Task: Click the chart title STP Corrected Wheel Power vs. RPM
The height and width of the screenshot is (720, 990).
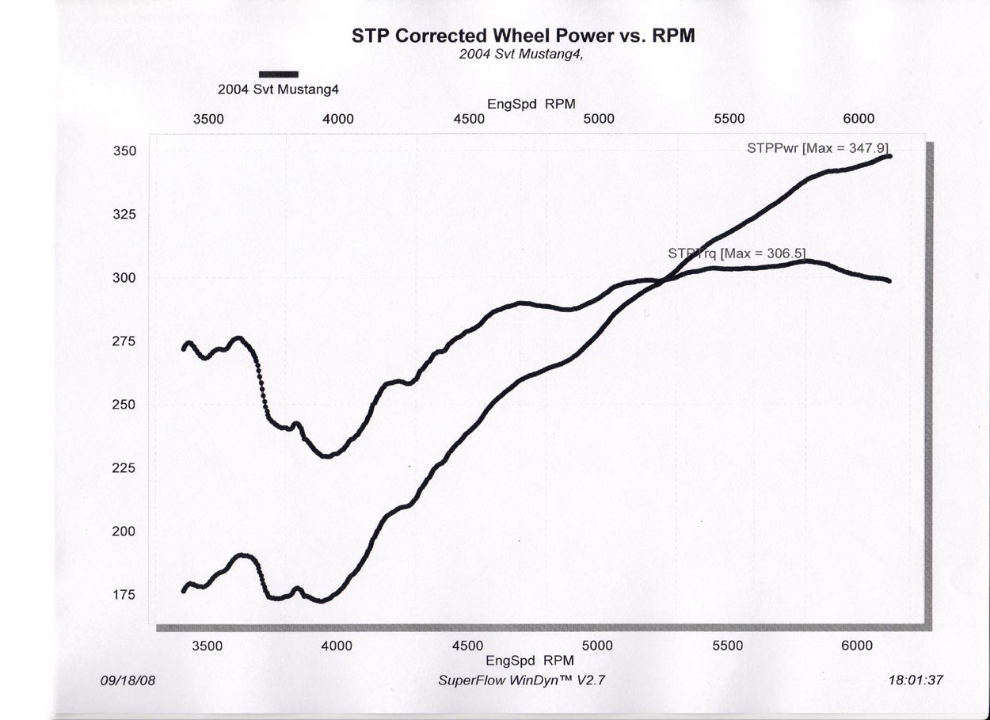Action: (524, 36)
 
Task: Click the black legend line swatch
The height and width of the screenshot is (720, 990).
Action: (279, 74)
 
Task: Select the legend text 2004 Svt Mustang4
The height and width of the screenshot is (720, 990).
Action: (278, 90)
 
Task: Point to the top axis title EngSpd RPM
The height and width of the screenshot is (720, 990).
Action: (531, 104)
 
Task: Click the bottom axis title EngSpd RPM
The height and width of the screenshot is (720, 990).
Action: (531, 660)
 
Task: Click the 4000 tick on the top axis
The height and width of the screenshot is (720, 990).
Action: (338, 119)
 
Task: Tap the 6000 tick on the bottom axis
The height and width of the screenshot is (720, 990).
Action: (857, 646)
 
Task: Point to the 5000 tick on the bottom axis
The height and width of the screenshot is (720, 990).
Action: (597, 646)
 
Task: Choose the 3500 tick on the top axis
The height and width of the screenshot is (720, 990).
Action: (208, 119)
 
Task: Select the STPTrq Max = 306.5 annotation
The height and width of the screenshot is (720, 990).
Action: (737, 253)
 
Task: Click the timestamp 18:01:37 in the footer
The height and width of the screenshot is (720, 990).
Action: (916, 680)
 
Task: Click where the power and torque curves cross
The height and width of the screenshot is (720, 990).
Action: (664, 279)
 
